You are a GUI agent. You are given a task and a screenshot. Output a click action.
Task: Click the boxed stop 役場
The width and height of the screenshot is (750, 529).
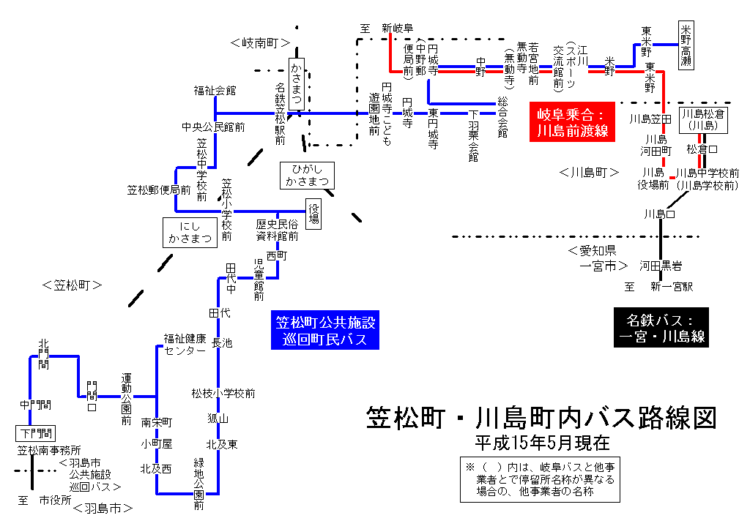[x=314, y=213]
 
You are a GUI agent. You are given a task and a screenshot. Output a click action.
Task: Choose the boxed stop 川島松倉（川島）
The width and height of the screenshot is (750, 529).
[x=704, y=120]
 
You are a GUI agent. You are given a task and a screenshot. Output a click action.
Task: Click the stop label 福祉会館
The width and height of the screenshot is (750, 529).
[x=215, y=91]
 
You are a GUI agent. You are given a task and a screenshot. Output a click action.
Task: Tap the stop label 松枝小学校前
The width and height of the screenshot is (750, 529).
[x=223, y=394]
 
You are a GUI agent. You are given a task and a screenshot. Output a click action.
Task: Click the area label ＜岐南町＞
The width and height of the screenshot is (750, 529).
[x=260, y=43]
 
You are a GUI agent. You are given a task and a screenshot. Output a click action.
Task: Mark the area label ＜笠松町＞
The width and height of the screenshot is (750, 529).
[x=72, y=285]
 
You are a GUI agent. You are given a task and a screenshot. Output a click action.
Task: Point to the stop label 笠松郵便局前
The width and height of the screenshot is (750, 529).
[x=159, y=190]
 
